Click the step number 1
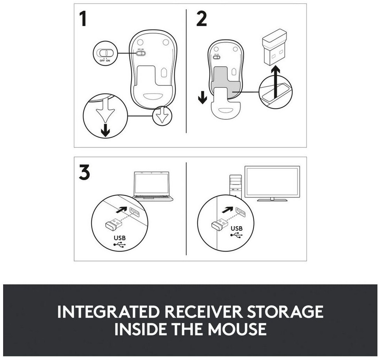(x=83, y=19)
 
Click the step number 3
(x=84, y=172)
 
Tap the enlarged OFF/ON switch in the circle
(x=104, y=53)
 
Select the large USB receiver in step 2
(x=274, y=47)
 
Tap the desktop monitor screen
(x=272, y=181)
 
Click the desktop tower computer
(x=236, y=186)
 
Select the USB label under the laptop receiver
(x=120, y=238)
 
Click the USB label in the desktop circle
(x=237, y=228)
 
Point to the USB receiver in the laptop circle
(x=113, y=223)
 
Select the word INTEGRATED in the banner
(x=109, y=312)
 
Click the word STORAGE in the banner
(x=285, y=312)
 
